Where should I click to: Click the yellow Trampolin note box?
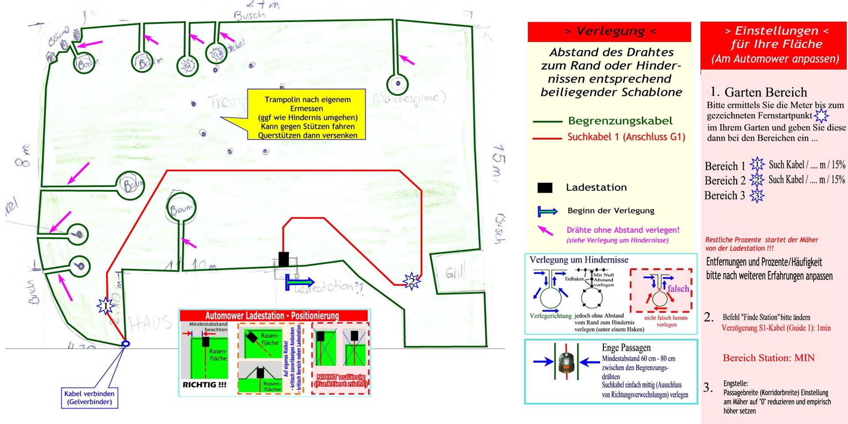click(307, 115)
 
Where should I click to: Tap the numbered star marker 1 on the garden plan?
click(106, 305)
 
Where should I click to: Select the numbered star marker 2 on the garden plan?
click(411, 280)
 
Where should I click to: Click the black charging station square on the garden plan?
click(284, 259)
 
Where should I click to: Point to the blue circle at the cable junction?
click(125, 344)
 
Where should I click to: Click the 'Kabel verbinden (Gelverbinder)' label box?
click(89, 398)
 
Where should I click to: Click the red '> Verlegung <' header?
click(609, 31)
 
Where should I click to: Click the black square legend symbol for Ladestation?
click(545, 188)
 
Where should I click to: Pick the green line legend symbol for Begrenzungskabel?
click(547, 121)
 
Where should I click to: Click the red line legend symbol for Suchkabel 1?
click(547, 138)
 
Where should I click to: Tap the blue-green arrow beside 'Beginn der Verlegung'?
click(548, 211)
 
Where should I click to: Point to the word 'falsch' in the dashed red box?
click(678, 289)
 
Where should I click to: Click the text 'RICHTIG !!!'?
click(204, 385)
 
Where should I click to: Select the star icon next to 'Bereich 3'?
click(757, 196)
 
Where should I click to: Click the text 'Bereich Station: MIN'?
click(768, 358)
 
